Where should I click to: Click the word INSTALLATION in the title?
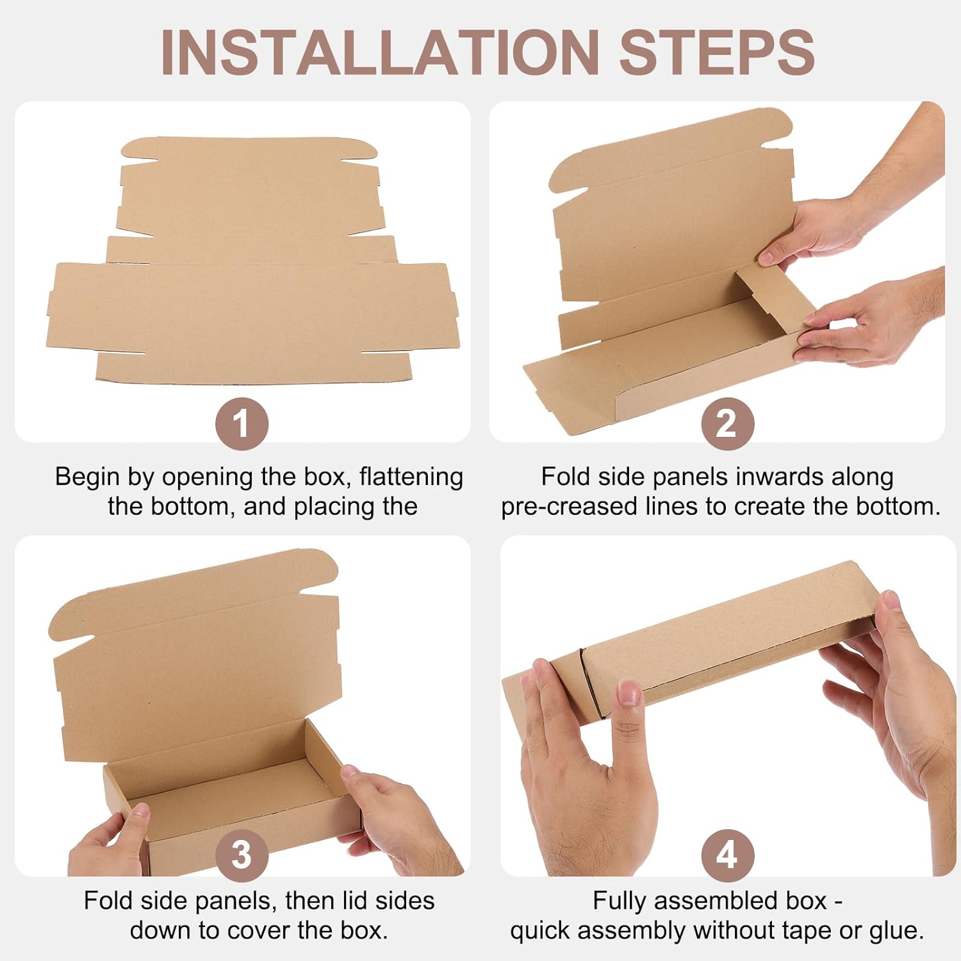point(379,53)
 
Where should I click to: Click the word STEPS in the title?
point(716,53)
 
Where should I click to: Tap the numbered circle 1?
point(241,423)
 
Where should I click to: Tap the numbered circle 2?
point(727,423)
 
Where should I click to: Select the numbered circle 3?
point(241,855)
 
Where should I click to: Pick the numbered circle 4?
point(727,855)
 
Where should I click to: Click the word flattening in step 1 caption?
point(411,477)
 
